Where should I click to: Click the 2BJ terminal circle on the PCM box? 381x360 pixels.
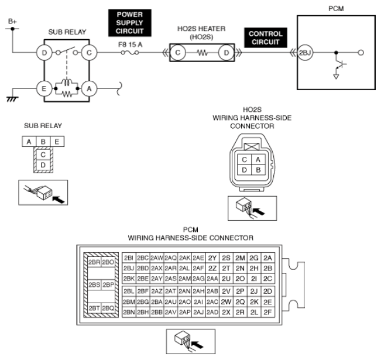coord(305,53)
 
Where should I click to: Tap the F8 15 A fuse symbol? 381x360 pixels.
coord(130,53)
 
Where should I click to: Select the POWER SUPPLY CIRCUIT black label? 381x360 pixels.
coord(130,23)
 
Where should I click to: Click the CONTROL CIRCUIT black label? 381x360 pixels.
coord(266,37)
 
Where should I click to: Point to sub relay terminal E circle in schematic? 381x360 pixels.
coord(44,88)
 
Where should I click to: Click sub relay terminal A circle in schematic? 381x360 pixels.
coord(89,88)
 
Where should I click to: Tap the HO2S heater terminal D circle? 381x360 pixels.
coord(226,53)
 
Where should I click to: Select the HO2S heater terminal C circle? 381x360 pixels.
coord(178,53)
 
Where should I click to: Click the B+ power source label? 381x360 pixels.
coord(12,22)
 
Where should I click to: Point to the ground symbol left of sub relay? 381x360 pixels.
coord(12,99)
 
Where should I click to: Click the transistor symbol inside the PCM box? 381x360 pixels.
coord(340,64)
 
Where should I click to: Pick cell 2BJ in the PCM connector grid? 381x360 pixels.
coord(129,268)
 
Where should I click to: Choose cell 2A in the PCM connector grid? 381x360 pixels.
coord(268,258)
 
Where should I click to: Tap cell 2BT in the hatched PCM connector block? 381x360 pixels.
coord(94,308)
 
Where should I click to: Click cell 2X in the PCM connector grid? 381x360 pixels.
coord(226,312)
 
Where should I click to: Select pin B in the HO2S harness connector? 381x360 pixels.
coord(258,170)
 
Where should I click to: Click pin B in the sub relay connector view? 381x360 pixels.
coord(43,142)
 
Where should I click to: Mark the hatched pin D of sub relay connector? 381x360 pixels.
coord(43,165)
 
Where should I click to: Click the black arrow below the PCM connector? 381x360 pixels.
coord(197,345)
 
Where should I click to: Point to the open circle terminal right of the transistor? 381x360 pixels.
coord(361,53)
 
